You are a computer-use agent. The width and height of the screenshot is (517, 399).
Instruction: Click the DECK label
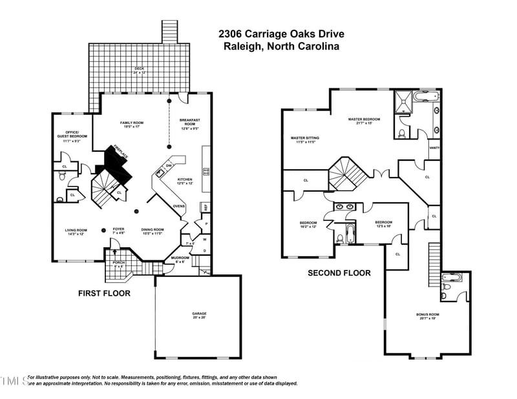click(x=140, y=69)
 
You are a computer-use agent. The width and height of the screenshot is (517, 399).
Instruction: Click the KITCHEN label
click(x=185, y=180)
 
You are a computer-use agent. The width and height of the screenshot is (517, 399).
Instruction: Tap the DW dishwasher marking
click(x=168, y=167)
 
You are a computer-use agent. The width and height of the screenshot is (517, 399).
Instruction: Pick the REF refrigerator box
click(x=206, y=207)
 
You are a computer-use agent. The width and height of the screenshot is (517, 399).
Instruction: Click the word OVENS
click(x=180, y=207)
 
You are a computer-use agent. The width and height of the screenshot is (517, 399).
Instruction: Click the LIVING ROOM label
click(x=76, y=230)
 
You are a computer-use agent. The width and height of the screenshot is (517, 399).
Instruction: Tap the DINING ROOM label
click(x=153, y=230)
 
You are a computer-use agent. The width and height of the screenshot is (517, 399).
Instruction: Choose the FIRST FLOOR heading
click(x=104, y=293)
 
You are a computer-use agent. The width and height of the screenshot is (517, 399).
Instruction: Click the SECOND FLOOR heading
click(x=339, y=273)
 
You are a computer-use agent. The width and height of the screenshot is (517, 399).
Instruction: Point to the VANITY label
click(x=434, y=148)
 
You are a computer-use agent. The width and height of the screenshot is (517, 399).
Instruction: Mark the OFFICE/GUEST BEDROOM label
click(x=72, y=137)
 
